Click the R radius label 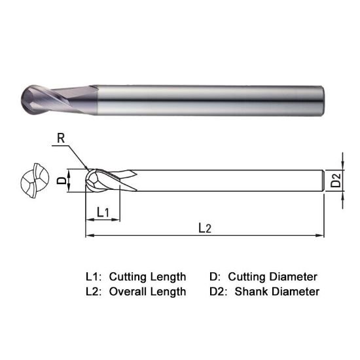(x=61, y=139)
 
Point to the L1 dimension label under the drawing (x=103, y=212)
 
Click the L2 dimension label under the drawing (x=205, y=228)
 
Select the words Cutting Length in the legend (x=147, y=276)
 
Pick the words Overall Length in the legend (x=147, y=291)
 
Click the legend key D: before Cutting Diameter (x=213, y=276)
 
